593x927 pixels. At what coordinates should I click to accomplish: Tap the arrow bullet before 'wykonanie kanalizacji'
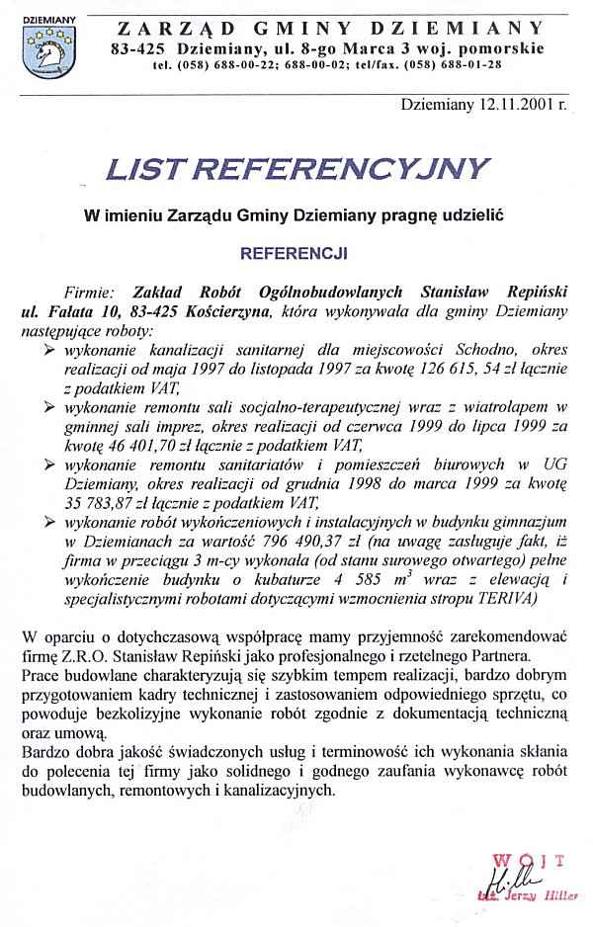(50, 350)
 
